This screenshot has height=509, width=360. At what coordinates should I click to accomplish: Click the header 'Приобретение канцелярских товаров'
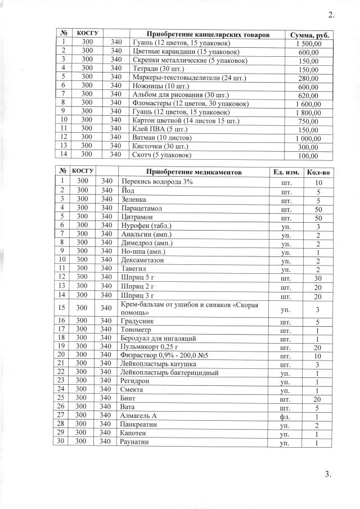click(x=208, y=35)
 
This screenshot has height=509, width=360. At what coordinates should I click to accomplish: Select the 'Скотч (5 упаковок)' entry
click(x=161, y=155)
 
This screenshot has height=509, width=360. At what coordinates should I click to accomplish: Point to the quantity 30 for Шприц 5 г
click(x=318, y=278)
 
